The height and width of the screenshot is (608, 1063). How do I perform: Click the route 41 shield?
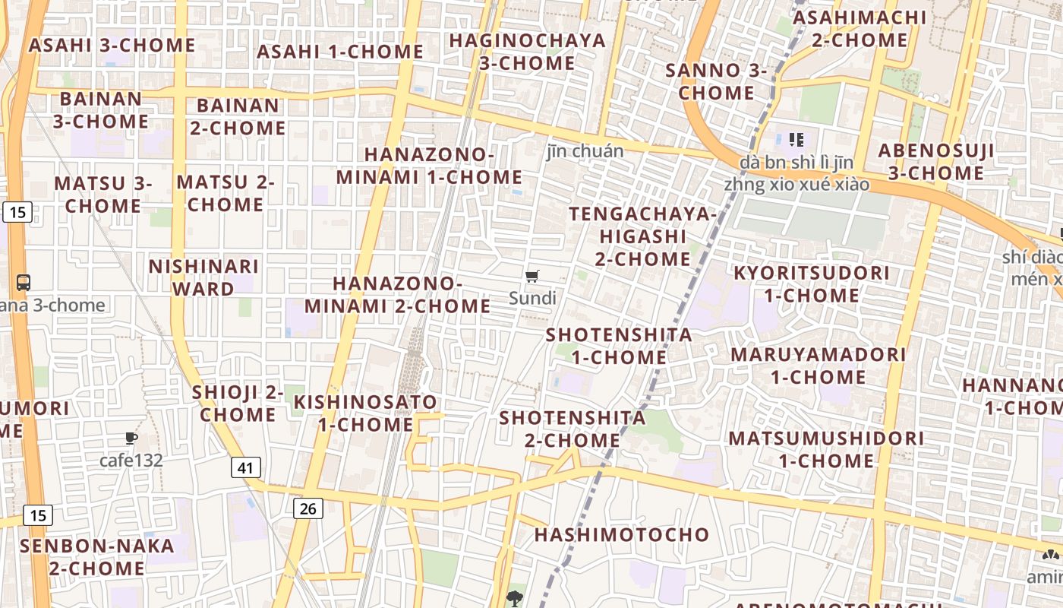pyautogui.click(x=245, y=467)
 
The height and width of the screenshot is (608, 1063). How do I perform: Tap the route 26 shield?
pyautogui.click(x=308, y=508)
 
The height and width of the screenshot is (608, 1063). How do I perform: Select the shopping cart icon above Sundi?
pyautogui.click(x=532, y=276)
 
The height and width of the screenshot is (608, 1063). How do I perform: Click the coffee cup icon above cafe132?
pyautogui.click(x=131, y=438)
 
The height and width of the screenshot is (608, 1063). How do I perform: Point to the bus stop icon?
pyautogui.click(x=24, y=283)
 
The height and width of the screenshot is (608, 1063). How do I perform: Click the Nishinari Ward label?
pyautogui.click(x=203, y=277)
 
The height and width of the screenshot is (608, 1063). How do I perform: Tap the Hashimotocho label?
pyautogui.click(x=621, y=534)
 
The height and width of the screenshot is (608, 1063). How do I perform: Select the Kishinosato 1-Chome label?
pyautogui.click(x=366, y=413)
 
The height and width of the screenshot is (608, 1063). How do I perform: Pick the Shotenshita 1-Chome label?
pyautogui.click(x=619, y=346)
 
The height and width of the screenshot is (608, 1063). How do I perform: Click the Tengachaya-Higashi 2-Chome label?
pyautogui.click(x=642, y=236)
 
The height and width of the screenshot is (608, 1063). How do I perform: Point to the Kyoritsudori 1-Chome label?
pyautogui.click(x=811, y=283)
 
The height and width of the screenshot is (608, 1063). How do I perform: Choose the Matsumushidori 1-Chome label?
pyautogui.click(x=826, y=449)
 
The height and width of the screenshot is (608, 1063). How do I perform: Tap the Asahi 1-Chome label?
pyautogui.click(x=340, y=52)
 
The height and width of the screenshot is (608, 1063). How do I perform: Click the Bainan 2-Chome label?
pyautogui.click(x=238, y=116)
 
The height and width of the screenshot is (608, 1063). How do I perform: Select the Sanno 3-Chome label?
pyautogui.click(x=717, y=81)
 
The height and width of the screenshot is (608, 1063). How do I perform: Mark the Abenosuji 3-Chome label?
pyautogui.click(x=935, y=161)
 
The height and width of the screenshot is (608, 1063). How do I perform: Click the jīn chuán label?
pyautogui.click(x=585, y=151)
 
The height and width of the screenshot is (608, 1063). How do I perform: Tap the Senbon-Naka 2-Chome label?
pyautogui.click(x=97, y=556)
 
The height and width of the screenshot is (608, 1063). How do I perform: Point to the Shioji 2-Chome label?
pyautogui.click(x=238, y=403)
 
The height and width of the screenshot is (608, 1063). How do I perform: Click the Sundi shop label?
pyautogui.click(x=532, y=298)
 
